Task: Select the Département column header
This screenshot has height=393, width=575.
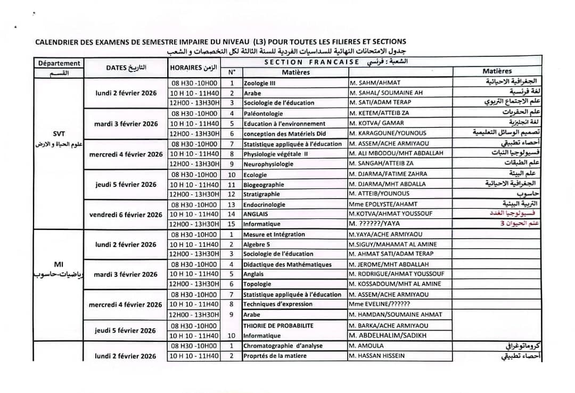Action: point(59,63)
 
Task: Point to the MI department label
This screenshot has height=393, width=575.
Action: point(59,264)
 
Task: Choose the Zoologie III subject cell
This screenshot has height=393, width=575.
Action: point(259,83)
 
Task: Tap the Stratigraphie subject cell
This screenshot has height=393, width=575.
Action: point(261,194)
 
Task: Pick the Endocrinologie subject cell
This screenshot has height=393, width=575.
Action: point(264,204)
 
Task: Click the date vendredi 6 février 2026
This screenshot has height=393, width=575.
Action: point(126,215)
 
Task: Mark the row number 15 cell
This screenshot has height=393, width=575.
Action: point(232,224)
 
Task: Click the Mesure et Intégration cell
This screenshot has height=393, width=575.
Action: point(274,234)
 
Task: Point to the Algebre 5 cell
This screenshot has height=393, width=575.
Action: point(257,244)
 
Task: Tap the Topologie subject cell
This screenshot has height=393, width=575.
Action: point(257,284)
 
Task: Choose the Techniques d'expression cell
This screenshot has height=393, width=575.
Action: point(278,304)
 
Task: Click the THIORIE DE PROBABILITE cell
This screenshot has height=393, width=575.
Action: point(278,325)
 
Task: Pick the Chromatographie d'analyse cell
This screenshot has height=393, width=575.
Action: point(283,346)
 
